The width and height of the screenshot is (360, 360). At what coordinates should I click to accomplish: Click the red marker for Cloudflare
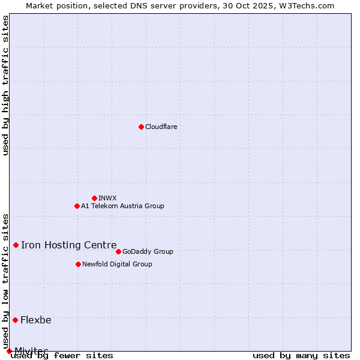[141, 127]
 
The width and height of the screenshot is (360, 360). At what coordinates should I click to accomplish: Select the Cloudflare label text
[161, 127]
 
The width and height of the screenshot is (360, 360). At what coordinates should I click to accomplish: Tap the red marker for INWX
[94, 198]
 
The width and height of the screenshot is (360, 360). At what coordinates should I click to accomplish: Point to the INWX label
[107, 198]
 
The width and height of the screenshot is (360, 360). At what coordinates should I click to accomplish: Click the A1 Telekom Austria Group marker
[77, 206]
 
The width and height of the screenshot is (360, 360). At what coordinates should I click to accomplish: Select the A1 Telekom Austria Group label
[122, 206]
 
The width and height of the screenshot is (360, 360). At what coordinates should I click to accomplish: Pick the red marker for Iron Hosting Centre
[16, 245]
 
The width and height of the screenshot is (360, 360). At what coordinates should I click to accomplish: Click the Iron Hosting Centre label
[68, 245]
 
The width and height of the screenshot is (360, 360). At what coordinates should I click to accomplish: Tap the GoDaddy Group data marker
[118, 251]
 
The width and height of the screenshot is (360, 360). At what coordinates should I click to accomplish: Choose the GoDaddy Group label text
[148, 251]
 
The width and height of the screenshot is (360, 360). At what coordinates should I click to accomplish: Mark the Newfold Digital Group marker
[78, 264]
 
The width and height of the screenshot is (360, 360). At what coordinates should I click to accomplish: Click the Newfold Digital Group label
[117, 264]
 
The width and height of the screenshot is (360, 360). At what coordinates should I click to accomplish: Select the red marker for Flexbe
[15, 320]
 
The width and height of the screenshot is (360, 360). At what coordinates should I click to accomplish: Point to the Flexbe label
[36, 320]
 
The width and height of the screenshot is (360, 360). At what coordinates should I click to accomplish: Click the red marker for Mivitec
[9, 351]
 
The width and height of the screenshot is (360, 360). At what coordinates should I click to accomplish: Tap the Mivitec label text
[31, 350]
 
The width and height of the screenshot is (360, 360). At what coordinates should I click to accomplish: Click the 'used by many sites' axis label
[301, 355]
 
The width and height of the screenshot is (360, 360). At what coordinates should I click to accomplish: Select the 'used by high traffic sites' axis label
[6, 85]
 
